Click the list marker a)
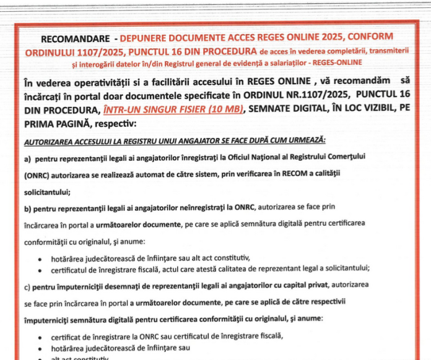coord(28,158)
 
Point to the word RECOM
coord(263,175)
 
